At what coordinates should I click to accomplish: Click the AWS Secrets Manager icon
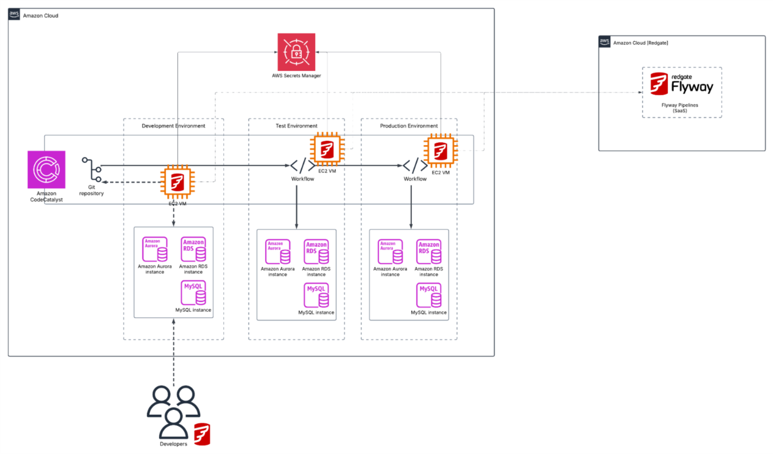pyautogui.click(x=296, y=52)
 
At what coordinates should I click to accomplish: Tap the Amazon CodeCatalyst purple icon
pyautogui.click(x=47, y=170)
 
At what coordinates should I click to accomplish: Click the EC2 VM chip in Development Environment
pyautogui.click(x=177, y=182)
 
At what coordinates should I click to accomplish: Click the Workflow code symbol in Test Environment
pyautogui.click(x=302, y=165)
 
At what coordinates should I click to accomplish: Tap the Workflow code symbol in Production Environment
pyautogui.click(x=415, y=165)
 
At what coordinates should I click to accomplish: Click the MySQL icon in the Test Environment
pyautogui.click(x=316, y=295)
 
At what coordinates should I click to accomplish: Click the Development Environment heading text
pyautogui.click(x=174, y=126)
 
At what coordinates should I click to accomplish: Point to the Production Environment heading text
pyautogui.click(x=409, y=126)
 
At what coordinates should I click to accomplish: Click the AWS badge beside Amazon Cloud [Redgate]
pyautogui.click(x=605, y=42)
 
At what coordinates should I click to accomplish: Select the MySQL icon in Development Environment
pyautogui.click(x=193, y=293)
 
